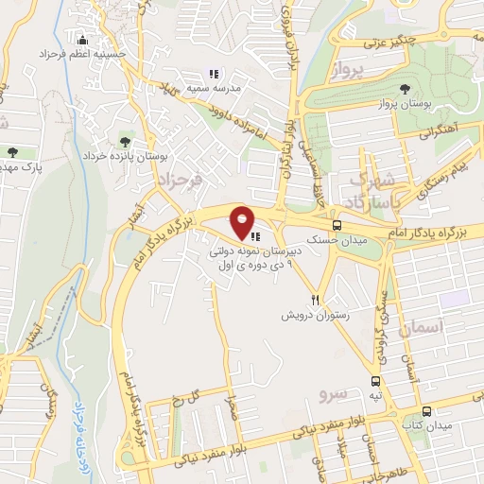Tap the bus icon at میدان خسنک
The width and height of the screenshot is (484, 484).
[337, 225]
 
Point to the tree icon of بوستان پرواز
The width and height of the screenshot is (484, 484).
[406, 88]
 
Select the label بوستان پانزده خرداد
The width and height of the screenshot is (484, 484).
[125, 157]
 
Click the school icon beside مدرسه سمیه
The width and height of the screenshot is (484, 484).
[214, 74]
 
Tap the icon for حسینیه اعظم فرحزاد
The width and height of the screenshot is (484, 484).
[82, 41]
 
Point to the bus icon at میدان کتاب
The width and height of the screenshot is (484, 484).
[427, 411]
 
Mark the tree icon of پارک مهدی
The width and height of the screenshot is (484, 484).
[12, 151]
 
